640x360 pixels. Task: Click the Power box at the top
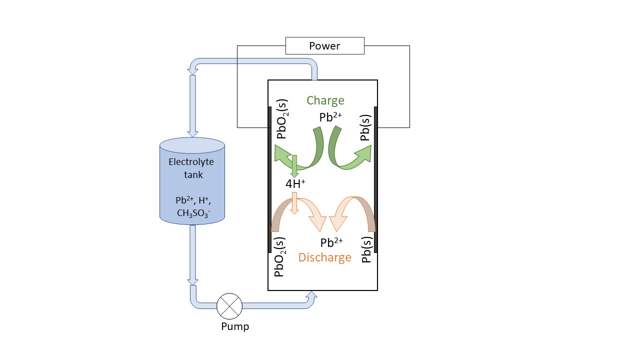(324, 46)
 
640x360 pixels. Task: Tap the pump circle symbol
(229, 305)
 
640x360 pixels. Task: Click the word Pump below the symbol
(235, 327)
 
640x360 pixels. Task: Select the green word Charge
(325, 100)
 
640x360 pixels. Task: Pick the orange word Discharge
(325, 257)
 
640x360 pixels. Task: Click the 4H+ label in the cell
(295, 184)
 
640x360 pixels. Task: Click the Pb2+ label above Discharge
(331, 243)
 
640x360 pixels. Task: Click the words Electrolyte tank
(191, 168)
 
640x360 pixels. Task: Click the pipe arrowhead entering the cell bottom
(311, 296)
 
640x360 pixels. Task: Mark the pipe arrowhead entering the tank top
(192, 130)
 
